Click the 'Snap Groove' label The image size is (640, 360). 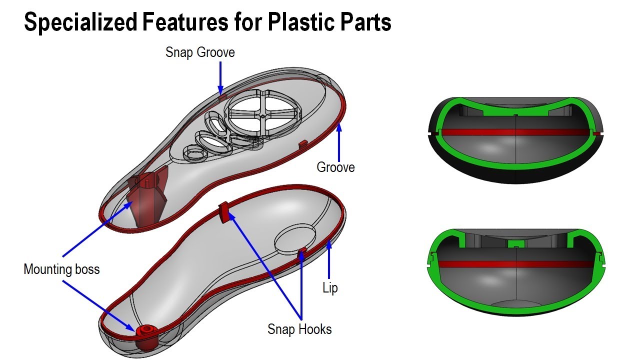tap(200, 52)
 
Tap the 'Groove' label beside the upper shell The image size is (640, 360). tap(335, 167)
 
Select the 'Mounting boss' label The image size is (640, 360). tap(61, 269)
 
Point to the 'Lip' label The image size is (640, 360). tap(330, 288)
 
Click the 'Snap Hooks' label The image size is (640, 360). tap(299, 329)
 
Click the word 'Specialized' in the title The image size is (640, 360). tap(80, 22)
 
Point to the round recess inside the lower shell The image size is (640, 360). tap(295, 237)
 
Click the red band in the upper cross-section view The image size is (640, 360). tap(515, 132)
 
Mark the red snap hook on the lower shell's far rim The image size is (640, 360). tap(224, 211)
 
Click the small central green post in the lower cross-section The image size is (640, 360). tap(515, 243)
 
